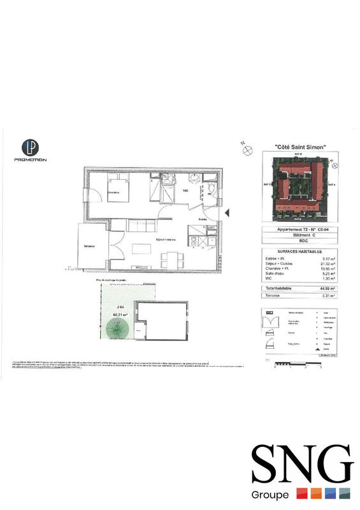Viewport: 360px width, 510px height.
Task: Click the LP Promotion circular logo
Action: click(x=31, y=147)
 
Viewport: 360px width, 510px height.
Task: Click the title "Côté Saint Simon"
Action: click(x=300, y=148)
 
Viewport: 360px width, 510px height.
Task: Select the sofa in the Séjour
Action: click(x=141, y=226)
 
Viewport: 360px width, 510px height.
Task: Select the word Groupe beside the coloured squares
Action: click(x=271, y=495)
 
